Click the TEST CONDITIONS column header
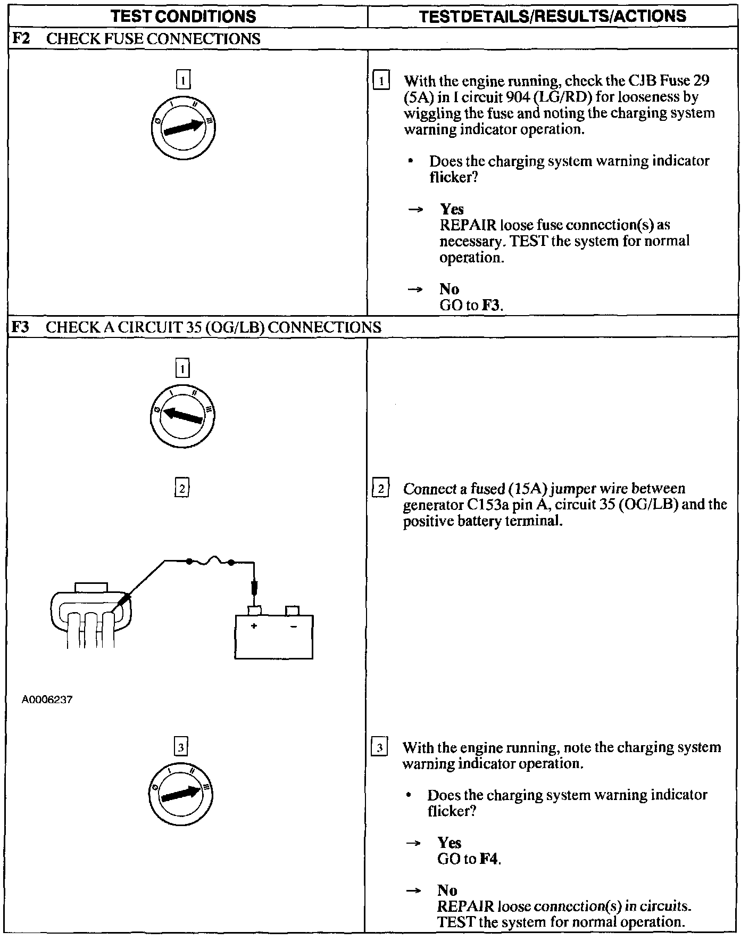click(184, 16)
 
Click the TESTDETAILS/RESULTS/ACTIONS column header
click(552, 16)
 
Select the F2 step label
click(20, 39)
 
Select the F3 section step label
click(20, 327)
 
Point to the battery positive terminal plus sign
click(254, 626)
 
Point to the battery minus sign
click(293, 626)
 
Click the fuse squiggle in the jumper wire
click(210, 560)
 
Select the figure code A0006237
click(47, 699)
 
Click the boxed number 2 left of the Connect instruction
click(381, 489)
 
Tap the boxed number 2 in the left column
click(182, 488)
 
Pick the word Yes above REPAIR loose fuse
click(452, 209)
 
